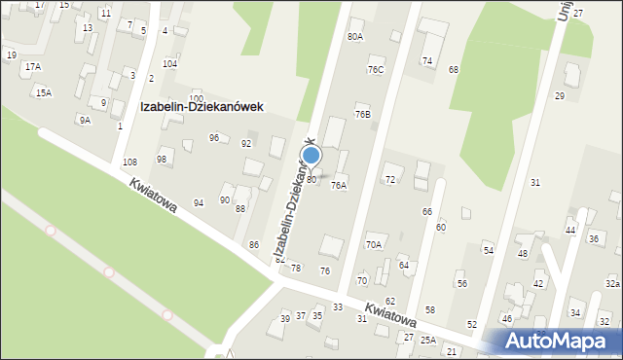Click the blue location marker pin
311,156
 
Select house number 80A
354,37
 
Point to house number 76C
376,70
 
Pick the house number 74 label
426,61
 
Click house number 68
453,70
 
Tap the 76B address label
362,115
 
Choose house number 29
560,96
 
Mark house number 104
169,64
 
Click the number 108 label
129,162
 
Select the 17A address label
33,67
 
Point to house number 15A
43,93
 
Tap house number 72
390,180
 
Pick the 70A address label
374,245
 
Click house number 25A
428,341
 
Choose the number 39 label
285,319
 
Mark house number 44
570,231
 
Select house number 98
162,160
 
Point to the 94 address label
199,203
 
